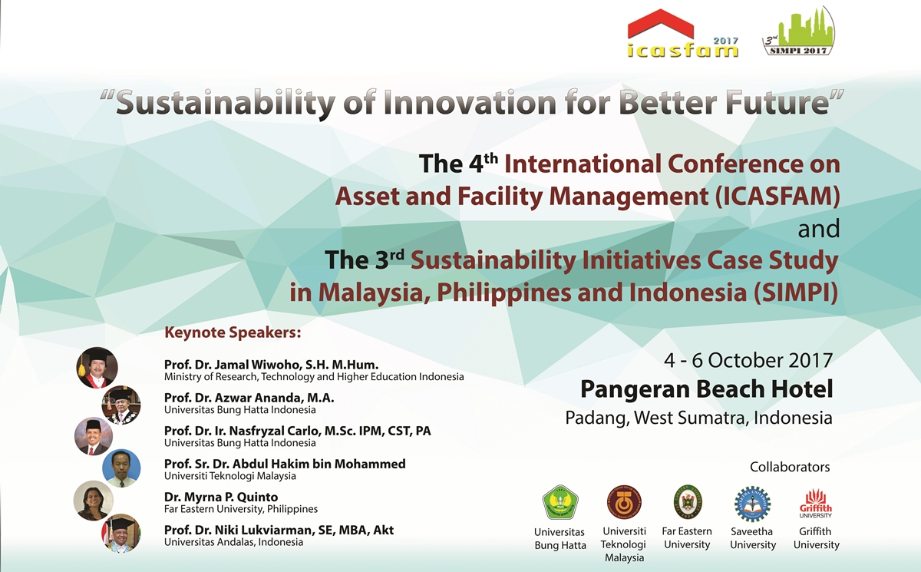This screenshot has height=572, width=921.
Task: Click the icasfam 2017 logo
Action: point(682,35)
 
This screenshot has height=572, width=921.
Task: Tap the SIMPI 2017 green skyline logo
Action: point(798,32)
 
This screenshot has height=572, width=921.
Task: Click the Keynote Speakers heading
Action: point(233,333)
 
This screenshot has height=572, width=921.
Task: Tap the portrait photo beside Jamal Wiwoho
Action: point(97,368)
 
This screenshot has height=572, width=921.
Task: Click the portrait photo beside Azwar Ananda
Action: point(121,405)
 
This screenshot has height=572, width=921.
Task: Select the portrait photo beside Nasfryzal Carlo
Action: point(94,436)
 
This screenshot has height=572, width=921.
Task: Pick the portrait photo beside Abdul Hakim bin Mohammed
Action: point(121,468)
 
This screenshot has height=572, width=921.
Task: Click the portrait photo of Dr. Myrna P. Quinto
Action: point(94,501)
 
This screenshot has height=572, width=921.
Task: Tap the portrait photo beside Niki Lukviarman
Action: point(121,533)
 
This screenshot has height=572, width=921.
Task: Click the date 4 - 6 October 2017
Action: point(748,360)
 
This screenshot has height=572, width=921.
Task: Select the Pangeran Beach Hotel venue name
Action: point(706,389)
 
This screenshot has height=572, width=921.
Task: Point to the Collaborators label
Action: point(790,467)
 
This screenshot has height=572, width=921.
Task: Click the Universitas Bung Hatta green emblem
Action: point(560,503)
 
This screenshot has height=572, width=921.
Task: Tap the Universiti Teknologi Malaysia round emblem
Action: point(624,503)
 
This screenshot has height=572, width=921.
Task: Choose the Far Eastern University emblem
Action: point(687,502)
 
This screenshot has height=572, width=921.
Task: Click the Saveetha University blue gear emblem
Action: point(752,504)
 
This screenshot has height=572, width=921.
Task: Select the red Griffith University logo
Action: point(816,503)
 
